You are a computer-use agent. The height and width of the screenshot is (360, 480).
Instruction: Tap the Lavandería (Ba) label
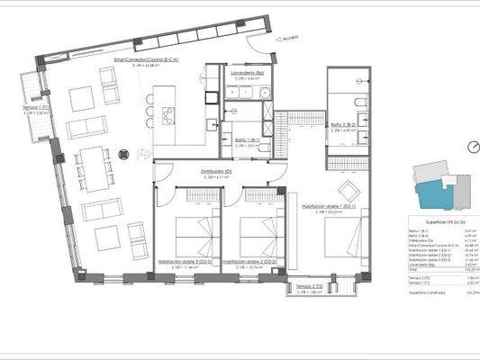247,72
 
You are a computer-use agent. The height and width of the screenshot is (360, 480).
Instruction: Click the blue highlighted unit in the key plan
430,190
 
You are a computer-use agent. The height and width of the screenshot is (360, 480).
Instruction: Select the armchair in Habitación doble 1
347,189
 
